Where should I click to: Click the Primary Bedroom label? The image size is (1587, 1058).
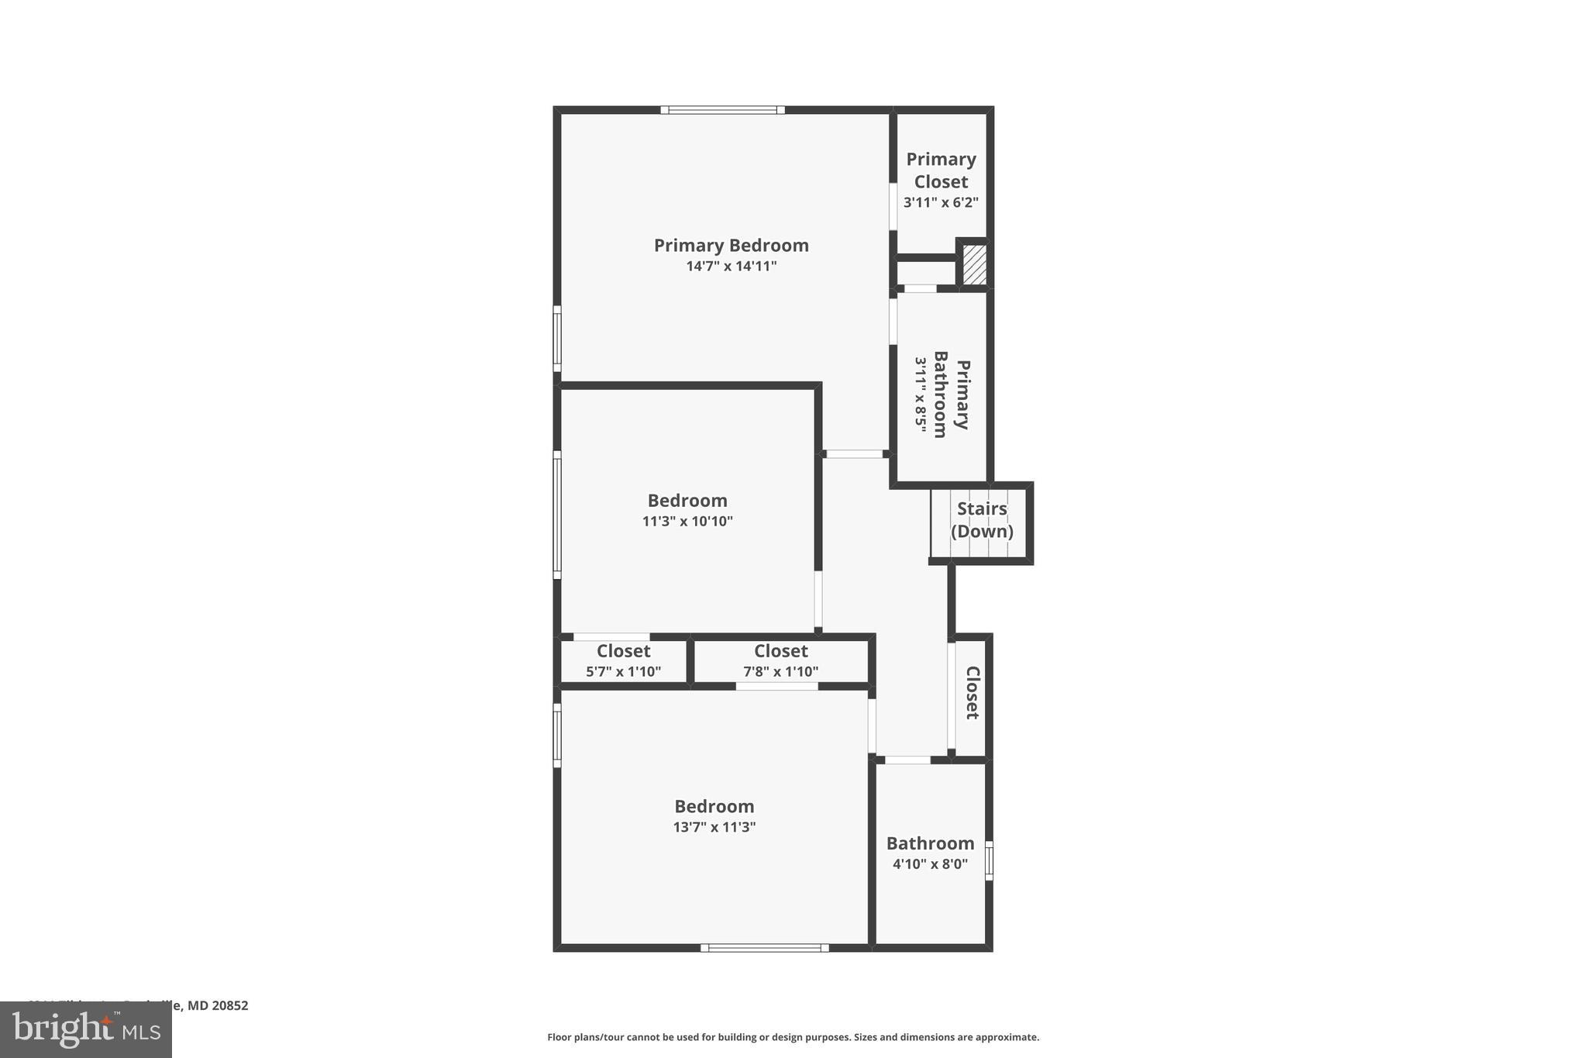(731, 246)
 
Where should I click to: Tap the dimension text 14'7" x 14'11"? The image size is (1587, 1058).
(731, 267)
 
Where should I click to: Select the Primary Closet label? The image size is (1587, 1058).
(941, 171)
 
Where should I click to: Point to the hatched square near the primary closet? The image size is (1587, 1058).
(974, 264)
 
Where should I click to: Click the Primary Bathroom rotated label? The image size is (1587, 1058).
(952, 394)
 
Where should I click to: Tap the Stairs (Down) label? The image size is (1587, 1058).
(982, 520)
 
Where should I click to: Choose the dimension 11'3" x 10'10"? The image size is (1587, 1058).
(687, 522)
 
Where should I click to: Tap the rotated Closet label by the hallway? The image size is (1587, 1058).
(973, 692)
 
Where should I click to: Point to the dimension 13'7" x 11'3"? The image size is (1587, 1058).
(714, 827)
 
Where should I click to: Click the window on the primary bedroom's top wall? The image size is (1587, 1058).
(722, 110)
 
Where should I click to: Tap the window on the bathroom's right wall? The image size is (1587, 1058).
(989, 860)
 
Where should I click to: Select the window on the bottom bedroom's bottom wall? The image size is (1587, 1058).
(765, 948)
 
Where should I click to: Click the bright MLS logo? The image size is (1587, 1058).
(86, 1030)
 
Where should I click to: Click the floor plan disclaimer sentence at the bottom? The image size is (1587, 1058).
(793, 1037)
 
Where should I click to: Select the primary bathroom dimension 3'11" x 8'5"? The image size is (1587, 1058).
(921, 394)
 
